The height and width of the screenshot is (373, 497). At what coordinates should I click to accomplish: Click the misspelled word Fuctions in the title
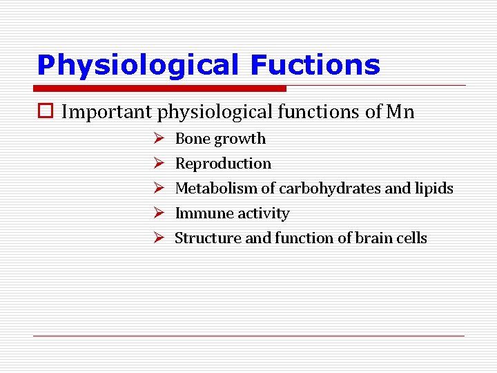(315, 65)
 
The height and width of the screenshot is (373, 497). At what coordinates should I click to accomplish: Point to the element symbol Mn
(400, 112)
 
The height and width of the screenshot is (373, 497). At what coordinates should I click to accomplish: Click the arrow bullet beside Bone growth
(157, 139)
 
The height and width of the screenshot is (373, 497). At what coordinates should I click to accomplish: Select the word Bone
(193, 139)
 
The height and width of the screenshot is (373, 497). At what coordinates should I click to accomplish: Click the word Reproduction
(223, 164)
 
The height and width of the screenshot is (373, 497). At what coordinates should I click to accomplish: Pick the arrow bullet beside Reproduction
(157, 164)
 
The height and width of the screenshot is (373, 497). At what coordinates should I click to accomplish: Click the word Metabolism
(216, 189)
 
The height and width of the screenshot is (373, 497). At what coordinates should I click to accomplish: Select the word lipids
(435, 189)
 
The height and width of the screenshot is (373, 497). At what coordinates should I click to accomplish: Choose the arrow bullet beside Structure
(157, 238)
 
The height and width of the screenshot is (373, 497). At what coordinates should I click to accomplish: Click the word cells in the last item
(413, 238)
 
